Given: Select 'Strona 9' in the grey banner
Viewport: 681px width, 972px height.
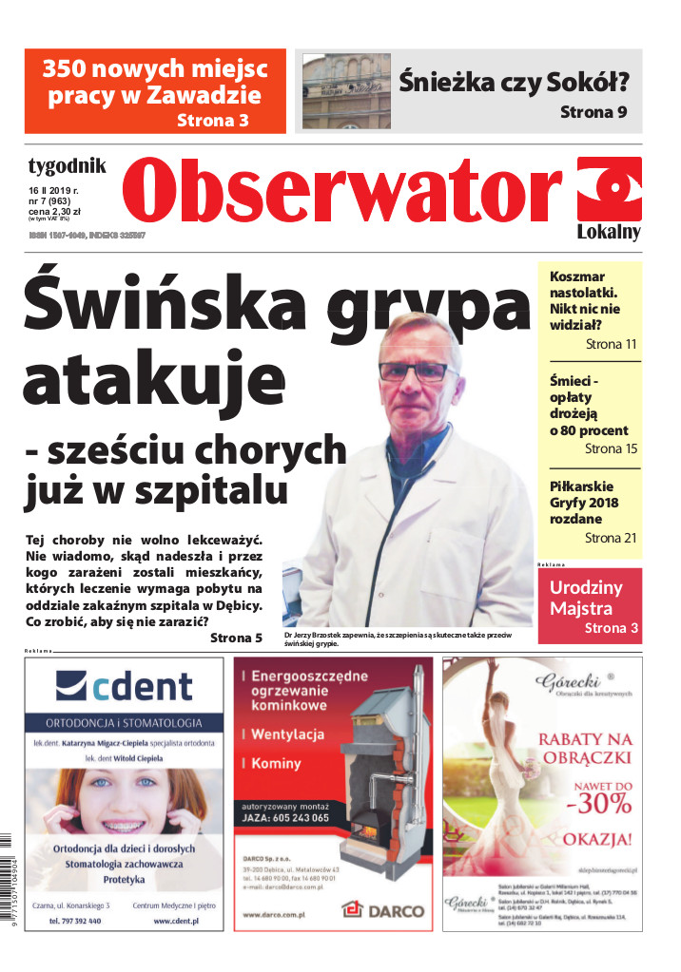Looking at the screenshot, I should [593, 112].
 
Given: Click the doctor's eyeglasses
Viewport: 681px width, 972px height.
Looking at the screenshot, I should [413, 370].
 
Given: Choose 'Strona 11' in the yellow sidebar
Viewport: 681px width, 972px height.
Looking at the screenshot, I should [611, 344].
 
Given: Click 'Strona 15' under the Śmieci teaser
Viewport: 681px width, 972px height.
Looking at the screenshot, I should [611, 448].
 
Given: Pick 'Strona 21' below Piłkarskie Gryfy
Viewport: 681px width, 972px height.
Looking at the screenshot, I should [611, 538].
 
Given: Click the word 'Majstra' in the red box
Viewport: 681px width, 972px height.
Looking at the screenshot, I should [580, 608].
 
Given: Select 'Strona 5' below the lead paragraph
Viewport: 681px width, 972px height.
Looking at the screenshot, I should [236, 638].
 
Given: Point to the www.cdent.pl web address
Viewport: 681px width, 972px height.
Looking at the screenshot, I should [175, 922].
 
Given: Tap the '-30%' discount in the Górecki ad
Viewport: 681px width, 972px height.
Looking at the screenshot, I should [597, 804].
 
